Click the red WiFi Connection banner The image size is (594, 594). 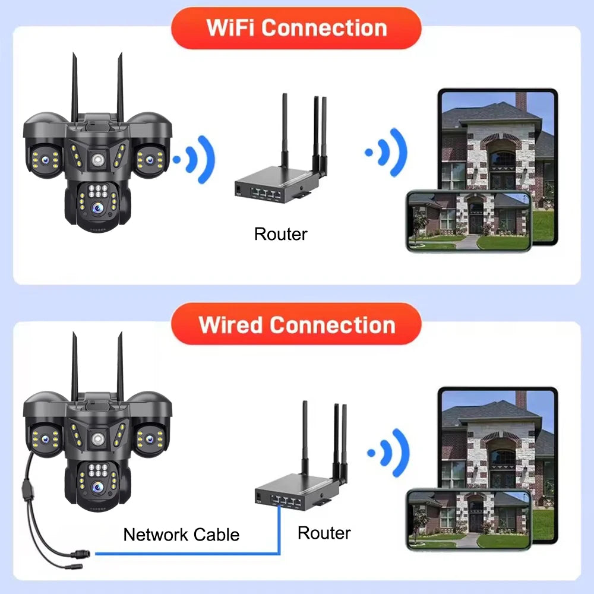(296, 28)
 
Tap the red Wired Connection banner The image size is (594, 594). (296, 324)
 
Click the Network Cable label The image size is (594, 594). (181, 535)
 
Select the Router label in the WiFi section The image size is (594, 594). (280, 234)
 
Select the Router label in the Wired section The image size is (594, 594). (324, 532)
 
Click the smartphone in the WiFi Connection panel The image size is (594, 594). (467, 220)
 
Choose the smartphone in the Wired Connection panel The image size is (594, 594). (467, 519)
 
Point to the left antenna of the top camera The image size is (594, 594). (75, 86)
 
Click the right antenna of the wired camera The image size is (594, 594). (119, 365)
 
